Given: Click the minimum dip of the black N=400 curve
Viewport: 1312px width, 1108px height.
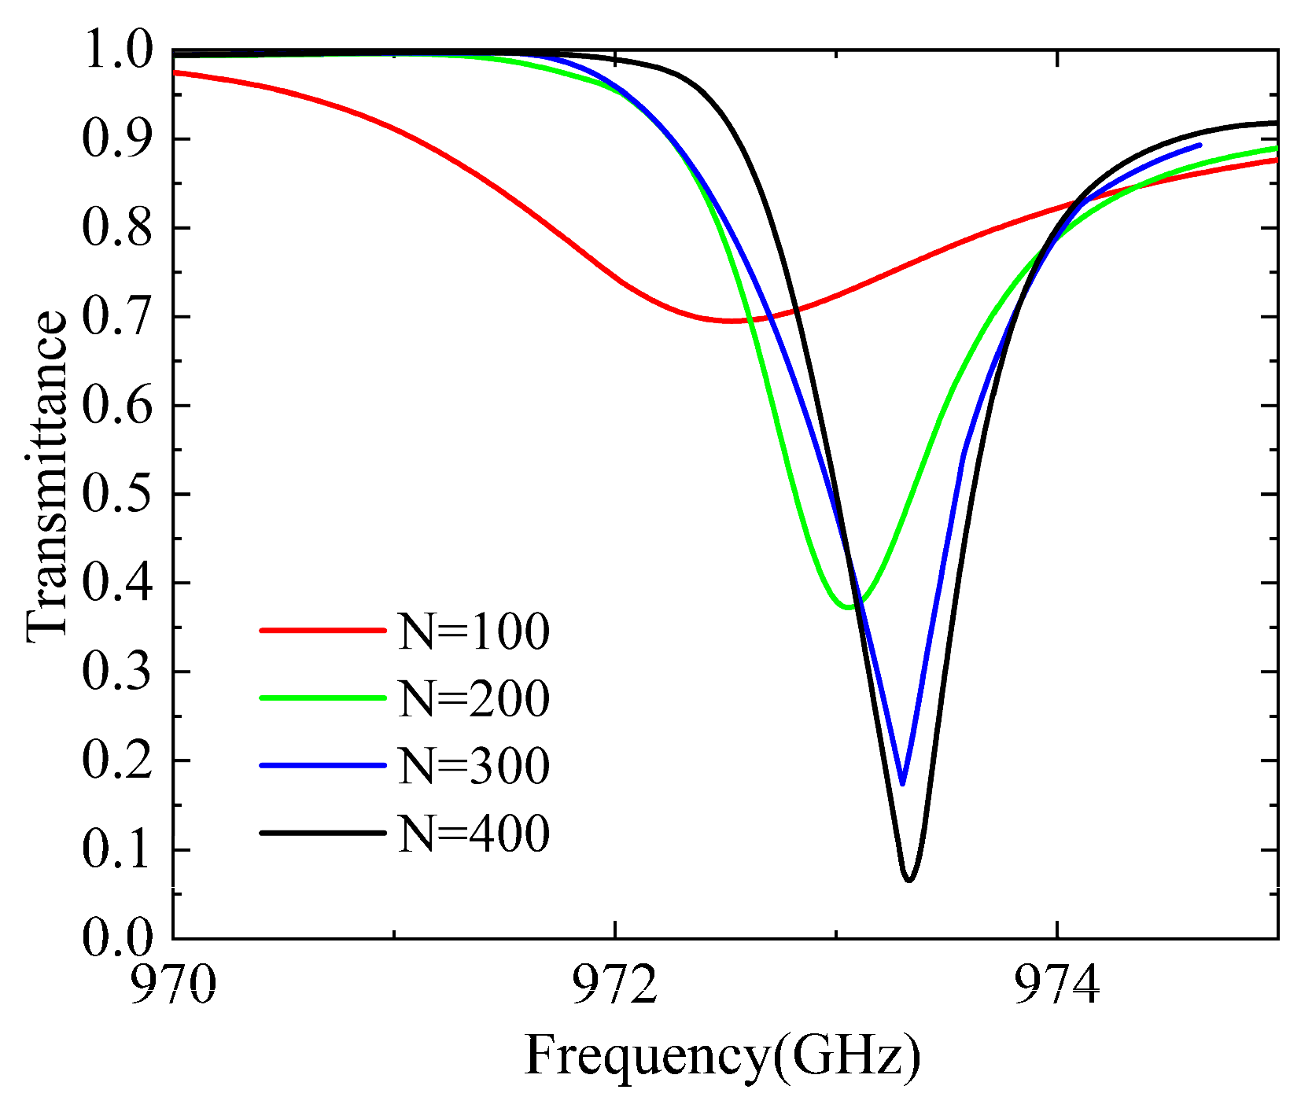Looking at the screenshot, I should [x=908, y=879].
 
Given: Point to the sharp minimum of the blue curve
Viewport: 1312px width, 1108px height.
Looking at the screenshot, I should [x=902, y=783].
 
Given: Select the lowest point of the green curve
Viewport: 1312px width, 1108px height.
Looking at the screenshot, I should [x=849, y=607].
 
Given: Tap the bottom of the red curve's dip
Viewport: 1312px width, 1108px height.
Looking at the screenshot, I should [x=732, y=321].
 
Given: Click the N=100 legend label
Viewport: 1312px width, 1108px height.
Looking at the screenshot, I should [x=474, y=631].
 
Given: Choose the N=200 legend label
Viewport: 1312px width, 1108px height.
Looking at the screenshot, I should [x=474, y=698].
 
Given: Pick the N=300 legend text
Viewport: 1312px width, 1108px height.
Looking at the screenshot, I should [x=474, y=766].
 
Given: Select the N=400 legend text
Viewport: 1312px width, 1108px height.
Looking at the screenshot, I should [x=474, y=834].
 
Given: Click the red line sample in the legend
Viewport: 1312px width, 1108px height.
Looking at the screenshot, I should [x=322, y=630].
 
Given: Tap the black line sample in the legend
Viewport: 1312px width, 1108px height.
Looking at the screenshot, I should [x=322, y=833].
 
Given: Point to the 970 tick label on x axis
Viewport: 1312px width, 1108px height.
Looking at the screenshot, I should [x=172, y=985].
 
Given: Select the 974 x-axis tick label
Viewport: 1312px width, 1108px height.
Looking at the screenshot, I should [x=1057, y=985].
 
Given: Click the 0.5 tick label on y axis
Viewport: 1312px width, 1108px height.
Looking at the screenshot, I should [x=116, y=495].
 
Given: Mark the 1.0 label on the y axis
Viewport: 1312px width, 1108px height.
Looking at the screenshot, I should [x=116, y=51].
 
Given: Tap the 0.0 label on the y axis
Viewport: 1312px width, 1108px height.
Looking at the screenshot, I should [x=116, y=937].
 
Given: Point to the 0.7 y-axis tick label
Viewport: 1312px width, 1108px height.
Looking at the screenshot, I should [x=116, y=317].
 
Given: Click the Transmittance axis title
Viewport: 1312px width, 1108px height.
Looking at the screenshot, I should [x=46, y=477].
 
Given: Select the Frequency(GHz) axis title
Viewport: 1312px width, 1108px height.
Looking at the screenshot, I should [x=722, y=1056].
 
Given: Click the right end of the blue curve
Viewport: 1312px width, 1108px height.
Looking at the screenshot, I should [x=1200, y=145].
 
